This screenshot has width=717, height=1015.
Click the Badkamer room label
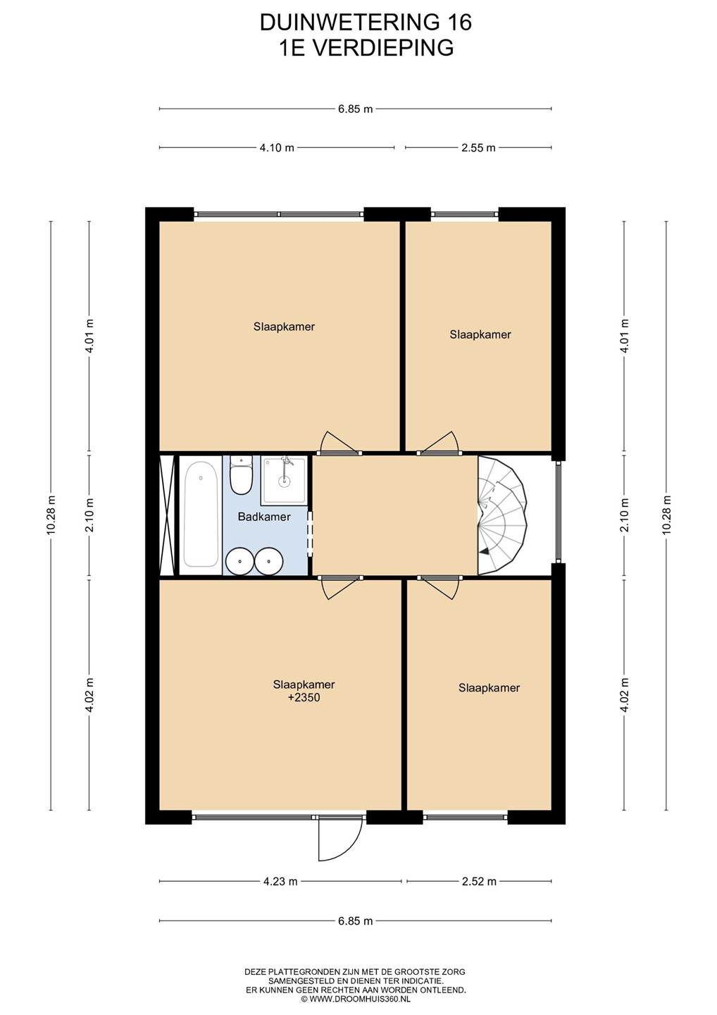(264, 517)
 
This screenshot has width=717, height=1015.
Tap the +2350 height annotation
(304, 697)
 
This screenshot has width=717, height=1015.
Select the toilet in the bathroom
(242, 475)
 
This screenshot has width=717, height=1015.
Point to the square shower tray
(284, 480)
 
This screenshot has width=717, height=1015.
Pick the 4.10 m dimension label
(277, 148)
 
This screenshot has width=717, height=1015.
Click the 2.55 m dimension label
(478, 148)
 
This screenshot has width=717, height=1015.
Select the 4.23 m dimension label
(280, 881)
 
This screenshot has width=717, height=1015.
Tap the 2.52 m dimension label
(479, 881)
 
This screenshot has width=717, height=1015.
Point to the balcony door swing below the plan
(340, 839)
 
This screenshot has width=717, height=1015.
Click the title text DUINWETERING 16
(366, 23)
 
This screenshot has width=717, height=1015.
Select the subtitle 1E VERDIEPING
(366, 48)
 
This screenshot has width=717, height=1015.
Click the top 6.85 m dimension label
(356, 109)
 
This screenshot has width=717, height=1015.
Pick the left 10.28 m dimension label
(51, 515)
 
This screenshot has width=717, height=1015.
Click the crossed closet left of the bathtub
(168, 515)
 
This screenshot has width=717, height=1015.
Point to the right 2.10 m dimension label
(625, 515)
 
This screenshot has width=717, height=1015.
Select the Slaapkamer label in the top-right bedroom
(480, 335)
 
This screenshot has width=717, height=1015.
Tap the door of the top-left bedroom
(339, 442)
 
